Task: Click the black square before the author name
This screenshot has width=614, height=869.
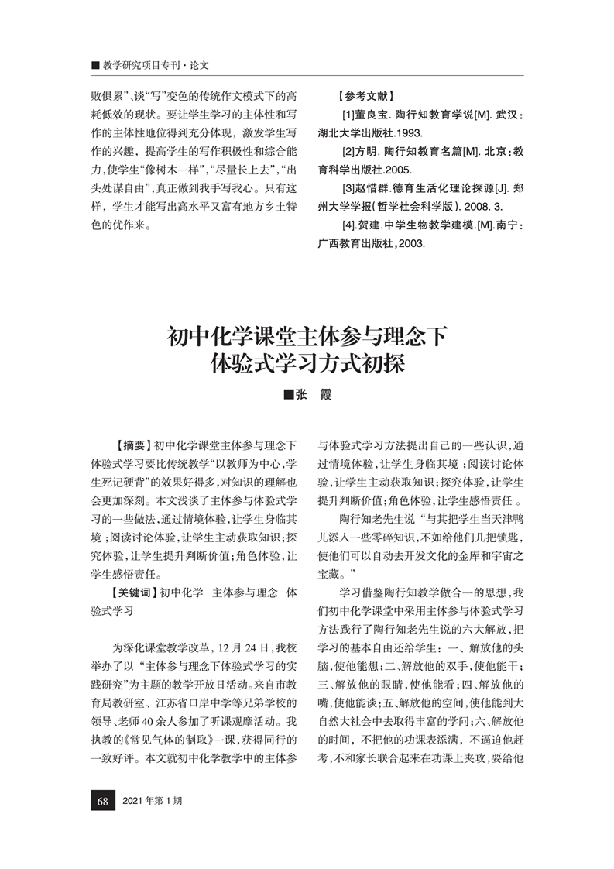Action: point(289,394)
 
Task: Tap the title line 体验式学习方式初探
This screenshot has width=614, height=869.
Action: point(307,362)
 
